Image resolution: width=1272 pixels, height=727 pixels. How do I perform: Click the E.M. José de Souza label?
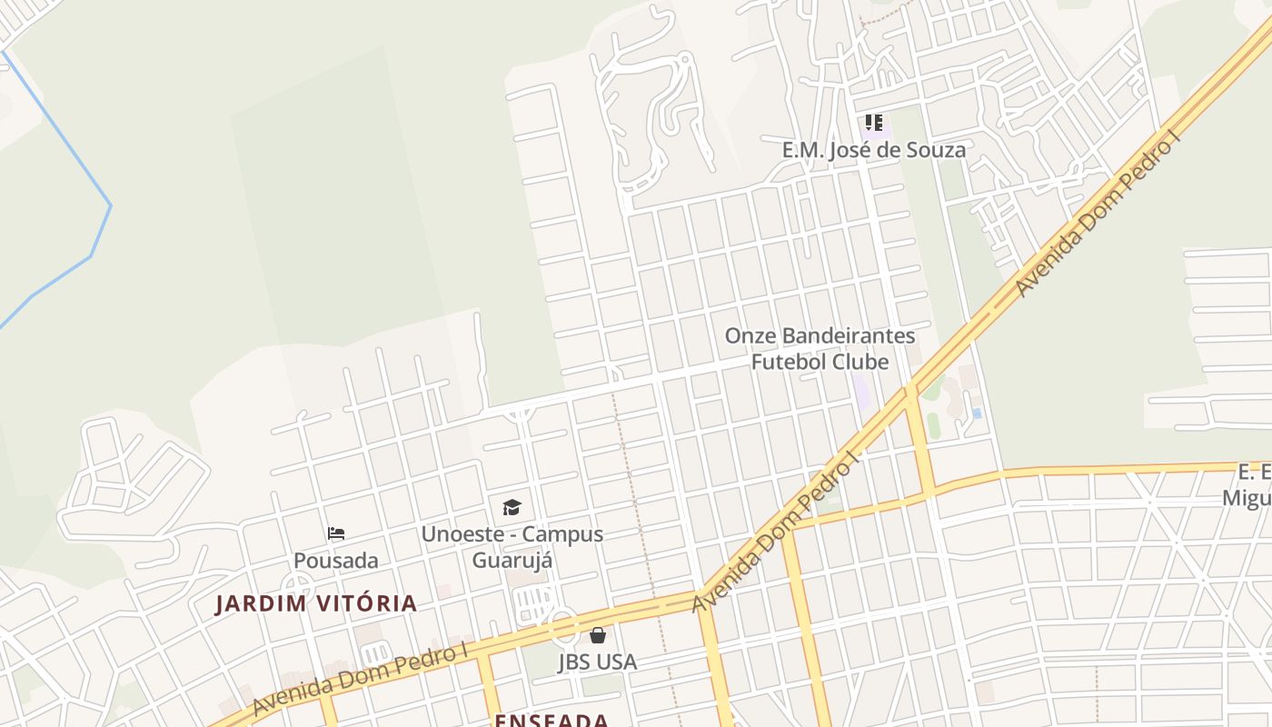coord(874,150)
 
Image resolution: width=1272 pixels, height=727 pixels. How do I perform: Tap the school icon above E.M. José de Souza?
coord(874,123)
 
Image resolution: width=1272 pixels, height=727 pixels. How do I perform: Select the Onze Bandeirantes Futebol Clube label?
coord(820,349)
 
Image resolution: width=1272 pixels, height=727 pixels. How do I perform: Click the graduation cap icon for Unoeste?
coord(512,507)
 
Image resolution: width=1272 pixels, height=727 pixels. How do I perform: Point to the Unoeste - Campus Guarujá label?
coord(512,546)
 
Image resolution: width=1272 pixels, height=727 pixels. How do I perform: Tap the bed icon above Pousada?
coord(336,533)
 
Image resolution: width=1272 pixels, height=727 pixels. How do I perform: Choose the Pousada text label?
coord(336,561)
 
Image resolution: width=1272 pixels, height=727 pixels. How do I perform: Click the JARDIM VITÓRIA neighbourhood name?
coord(316,603)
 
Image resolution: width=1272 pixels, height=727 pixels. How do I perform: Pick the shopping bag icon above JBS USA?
coord(598,635)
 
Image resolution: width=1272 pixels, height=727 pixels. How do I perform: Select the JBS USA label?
coord(598,662)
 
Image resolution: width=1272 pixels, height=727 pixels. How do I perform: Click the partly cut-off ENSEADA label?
coord(552,721)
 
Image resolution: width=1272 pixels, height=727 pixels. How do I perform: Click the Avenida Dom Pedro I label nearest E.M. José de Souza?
coord(1096,215)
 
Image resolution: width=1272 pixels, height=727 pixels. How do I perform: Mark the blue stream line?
coord(100,236)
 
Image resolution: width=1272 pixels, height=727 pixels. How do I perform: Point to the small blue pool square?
coord(977,413)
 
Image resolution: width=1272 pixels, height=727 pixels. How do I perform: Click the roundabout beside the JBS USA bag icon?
coord(562,624)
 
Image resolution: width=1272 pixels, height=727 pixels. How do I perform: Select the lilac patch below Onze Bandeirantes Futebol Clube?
coord(861,392)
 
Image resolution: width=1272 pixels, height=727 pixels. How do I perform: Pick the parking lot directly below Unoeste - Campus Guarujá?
coord(534,601)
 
